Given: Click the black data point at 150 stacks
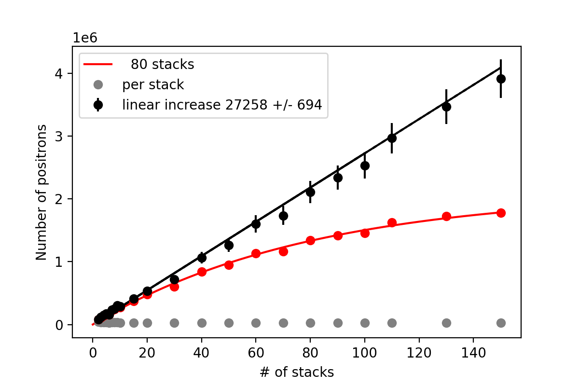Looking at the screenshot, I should (501, 79).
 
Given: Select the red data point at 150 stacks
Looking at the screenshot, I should (501, 213).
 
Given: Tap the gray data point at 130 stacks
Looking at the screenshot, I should (446, 323).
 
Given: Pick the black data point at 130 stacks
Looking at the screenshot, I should (446, 107).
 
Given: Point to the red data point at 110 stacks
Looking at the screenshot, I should (392, 222).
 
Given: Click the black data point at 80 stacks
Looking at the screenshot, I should (310, 192).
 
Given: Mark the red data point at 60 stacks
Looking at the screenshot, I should (256, 253).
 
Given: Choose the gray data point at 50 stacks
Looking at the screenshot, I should (229, 323).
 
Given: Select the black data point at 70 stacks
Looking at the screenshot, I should (283, 216).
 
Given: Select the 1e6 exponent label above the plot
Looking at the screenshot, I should (83, 37).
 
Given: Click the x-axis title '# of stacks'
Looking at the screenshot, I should (296, 372).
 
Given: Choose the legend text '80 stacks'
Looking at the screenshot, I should (163, 64).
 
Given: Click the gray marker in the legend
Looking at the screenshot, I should (98, 85).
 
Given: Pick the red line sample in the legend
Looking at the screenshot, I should (98, 64).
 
